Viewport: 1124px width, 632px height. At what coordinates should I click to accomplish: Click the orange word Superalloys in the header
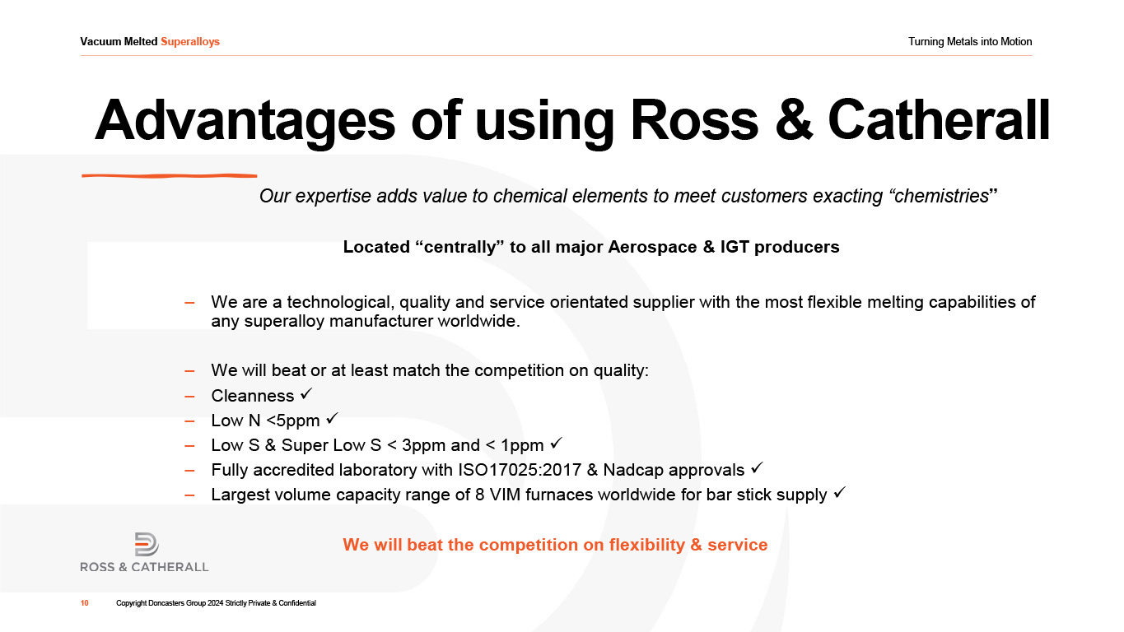coord(190,42)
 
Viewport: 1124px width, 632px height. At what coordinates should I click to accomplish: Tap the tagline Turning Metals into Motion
coord(970,42)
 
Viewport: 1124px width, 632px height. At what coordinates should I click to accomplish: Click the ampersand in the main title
coord(793,120)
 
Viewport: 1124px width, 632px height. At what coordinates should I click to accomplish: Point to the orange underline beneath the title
coord(170,175)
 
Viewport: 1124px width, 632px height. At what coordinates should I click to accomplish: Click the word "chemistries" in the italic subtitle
coord(941,196)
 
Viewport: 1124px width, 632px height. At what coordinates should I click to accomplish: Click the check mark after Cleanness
coord(306,394)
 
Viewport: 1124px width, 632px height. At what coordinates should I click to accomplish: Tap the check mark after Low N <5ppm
coord(332,418)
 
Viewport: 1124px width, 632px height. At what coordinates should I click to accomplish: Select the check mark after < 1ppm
coord(557,443)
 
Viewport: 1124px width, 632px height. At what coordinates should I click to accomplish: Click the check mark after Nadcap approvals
coord(758,468)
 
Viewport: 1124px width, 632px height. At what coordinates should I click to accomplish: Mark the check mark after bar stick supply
coord(840,493)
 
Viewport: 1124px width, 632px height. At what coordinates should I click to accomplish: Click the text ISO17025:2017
coord(520,470)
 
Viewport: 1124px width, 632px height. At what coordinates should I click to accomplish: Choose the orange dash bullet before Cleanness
coord(189,397)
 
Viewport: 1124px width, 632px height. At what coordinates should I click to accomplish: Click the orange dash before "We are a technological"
coord(189,303)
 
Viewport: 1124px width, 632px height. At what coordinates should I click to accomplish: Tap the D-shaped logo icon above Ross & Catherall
coord(147,544)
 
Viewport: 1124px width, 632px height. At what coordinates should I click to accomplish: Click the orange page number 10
coord(84,603)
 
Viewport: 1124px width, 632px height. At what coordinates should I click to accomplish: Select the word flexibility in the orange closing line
coord(647,545)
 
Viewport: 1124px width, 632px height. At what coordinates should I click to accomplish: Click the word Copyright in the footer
coord(132,603)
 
